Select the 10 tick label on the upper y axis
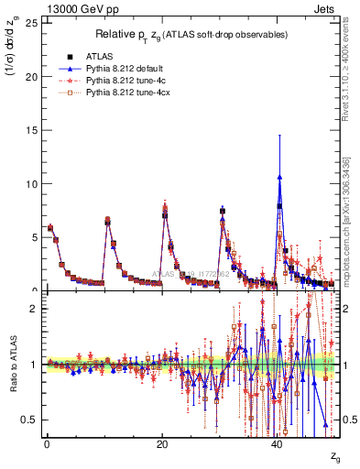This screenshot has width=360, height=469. (29, 183)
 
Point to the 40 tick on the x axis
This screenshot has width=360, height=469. (278, 444)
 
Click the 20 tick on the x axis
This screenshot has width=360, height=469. (162, 444)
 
